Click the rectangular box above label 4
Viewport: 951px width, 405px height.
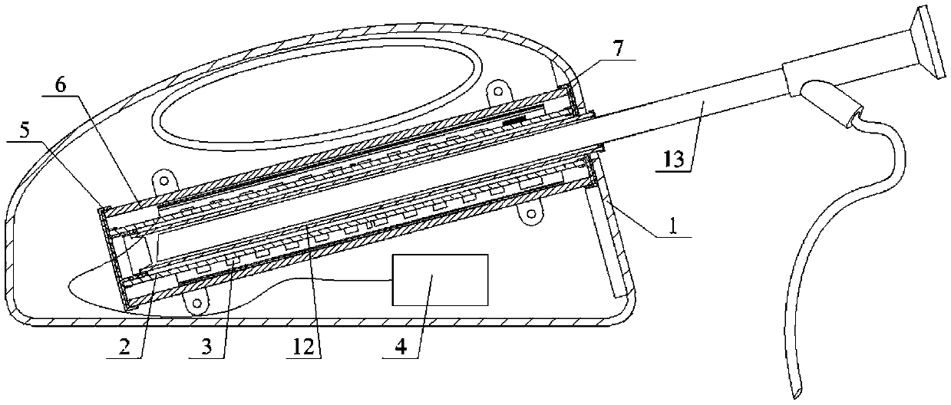440,280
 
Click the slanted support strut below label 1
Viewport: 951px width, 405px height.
609,245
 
